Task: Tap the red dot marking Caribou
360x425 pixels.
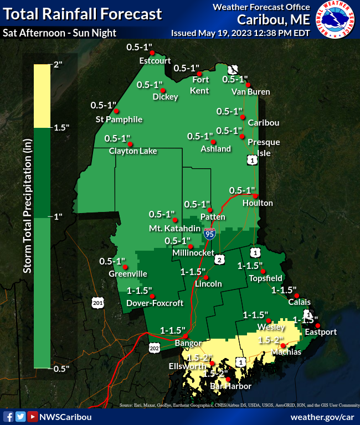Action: coord(242,117)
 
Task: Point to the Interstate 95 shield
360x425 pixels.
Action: coord(209,234)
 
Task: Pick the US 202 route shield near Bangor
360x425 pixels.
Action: coord(155,347)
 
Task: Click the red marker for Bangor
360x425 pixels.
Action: coord(186,336)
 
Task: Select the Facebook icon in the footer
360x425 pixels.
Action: coord(8,417)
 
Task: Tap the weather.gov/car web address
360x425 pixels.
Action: coord(323,416)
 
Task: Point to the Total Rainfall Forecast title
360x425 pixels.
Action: coord(83,14)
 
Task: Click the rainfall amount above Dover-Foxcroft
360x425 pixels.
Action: coord(140,290)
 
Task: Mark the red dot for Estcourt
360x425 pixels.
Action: coord(152,53)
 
